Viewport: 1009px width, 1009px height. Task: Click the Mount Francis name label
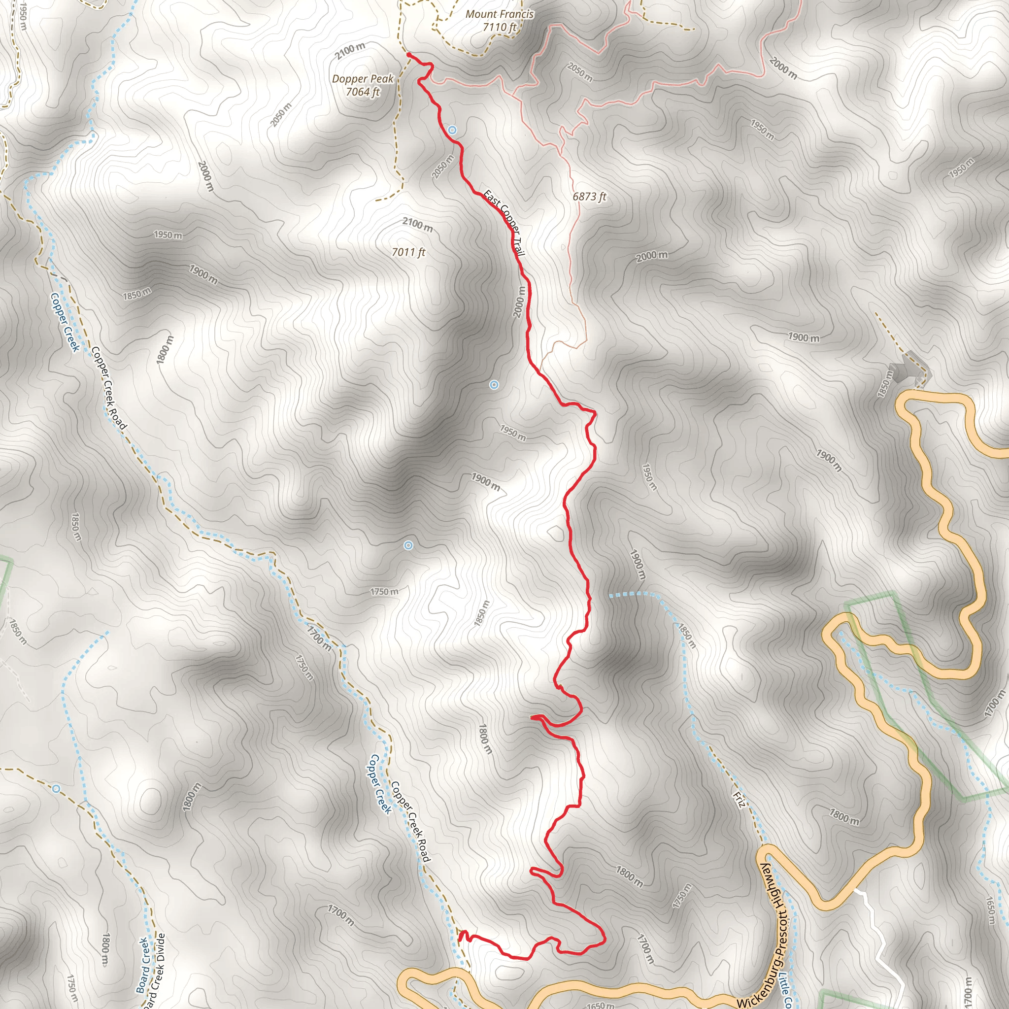pos(499,14)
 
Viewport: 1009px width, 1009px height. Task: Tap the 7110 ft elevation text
pos(499,27)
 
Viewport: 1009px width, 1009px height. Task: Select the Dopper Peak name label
pos(363,79)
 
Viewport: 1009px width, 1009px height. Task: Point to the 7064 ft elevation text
pos(363,92)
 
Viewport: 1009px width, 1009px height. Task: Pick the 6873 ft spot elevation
pos(589,197)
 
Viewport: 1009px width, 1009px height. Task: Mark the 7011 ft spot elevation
pos(408,252)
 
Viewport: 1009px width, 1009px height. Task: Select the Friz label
pos(739,800)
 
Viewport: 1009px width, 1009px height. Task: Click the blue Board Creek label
pos(142,965)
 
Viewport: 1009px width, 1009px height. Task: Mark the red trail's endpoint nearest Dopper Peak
pos(408,54)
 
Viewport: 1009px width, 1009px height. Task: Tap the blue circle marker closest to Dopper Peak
pos(453,130)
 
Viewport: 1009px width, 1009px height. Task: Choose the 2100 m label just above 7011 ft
pos(417,224)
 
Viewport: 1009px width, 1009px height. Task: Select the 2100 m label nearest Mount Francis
pos(350,51)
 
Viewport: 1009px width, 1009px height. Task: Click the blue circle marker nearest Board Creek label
pos(56,788)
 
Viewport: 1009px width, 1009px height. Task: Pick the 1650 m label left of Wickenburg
pos(600,1004)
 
